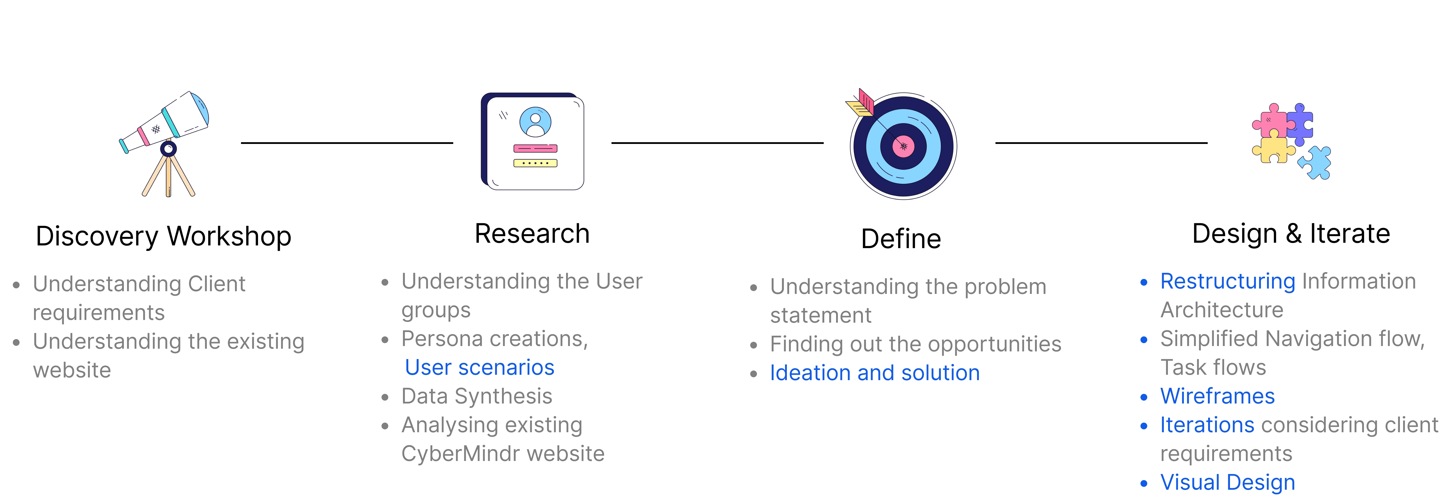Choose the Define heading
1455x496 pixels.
click(x=901, y=239)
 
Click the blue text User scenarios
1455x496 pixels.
click(x=480, y=367)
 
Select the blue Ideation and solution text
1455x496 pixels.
click(x=874, y=373)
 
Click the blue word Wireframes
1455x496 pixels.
click(x=1217, y=396)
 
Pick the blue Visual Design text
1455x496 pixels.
click(x=1227, y=483)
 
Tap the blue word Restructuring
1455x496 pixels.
click(x=1227, y=281)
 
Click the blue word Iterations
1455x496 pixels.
click(x=1207, y=425)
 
